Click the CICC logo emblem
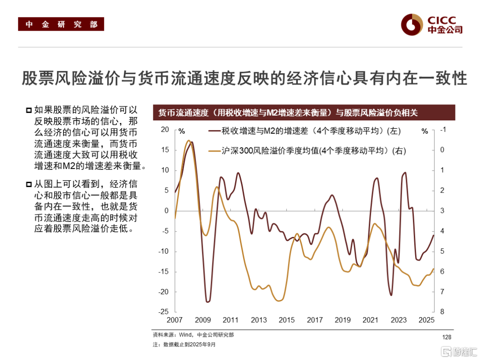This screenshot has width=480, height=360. pos(411,24)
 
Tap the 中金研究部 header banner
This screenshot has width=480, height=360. pos(61,24)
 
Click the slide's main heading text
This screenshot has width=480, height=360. pos(244,78)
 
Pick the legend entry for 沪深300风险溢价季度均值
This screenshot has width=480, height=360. pos(307,151)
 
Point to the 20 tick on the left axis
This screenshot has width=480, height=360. pos(165,130)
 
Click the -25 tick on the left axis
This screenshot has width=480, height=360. pos(164,312)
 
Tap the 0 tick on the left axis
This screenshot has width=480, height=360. pos(167,211)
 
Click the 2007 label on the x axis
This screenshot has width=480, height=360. pos(175,320)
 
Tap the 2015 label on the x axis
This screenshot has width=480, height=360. pos(287,320)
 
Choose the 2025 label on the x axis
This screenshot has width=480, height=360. pos(426,320)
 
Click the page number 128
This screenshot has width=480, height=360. pos(446,337)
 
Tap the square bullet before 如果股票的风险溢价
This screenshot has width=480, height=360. pos(29,110)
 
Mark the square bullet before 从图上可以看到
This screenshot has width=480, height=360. pos(29,184)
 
